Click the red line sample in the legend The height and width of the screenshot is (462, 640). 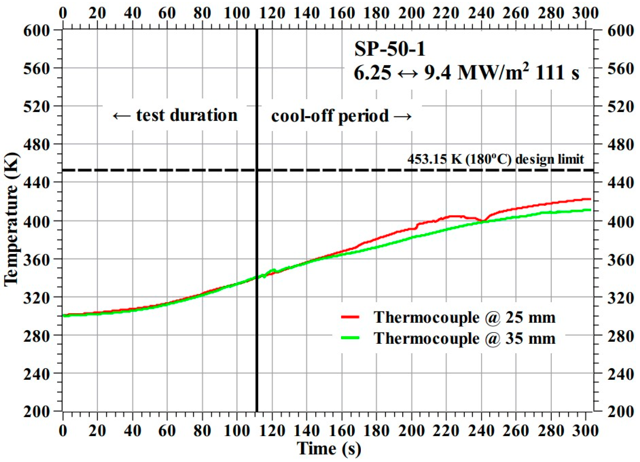350,317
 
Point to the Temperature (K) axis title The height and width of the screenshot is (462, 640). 11,220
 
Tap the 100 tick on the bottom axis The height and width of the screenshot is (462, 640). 236,431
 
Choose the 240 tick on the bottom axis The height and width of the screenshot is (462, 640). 481,431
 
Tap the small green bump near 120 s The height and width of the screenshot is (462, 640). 273,270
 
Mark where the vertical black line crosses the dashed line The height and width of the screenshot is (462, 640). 257,170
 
